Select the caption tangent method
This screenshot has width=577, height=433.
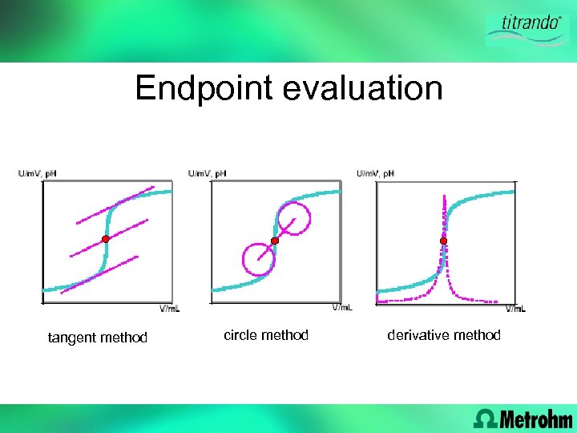pos(98,338)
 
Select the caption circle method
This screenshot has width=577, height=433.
pos(265,335)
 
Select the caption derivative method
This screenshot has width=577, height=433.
pos(443,335)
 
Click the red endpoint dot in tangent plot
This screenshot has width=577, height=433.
pos(105,239)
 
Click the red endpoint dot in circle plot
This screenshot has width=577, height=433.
pos(274,241)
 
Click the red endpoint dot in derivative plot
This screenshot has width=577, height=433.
pos(443,241)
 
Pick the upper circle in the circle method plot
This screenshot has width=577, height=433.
pos(293,217)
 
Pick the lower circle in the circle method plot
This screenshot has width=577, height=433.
pos(258,259)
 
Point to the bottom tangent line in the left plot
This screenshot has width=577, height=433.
pos(98,275)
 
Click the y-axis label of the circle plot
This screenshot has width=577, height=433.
pos(207,173)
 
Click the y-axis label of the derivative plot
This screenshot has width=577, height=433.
pos(375,173)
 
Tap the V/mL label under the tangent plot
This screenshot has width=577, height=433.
pos(170,309)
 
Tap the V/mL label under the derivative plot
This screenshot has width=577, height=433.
pos(515,309)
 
